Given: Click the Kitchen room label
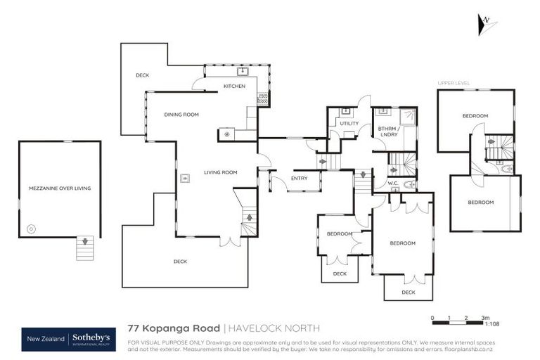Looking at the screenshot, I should tap(235, 86).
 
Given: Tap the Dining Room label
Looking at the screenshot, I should tap(181, 115).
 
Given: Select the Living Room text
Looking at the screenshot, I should tap(221, 172).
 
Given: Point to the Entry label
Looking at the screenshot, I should tap(299, 179).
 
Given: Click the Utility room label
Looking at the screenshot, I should tap(349, 124).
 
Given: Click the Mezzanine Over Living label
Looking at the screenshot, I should tap(60, 188).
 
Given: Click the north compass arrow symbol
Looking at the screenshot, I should tap(484, 22).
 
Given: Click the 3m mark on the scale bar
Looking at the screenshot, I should tap(484, 318).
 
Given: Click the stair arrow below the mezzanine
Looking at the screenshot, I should tap(85, 241).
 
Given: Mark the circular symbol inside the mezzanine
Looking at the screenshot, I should tap(30, 229).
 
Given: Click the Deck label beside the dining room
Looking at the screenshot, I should tap(142, 75).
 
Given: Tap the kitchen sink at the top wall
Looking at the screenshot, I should tap(242, 71).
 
